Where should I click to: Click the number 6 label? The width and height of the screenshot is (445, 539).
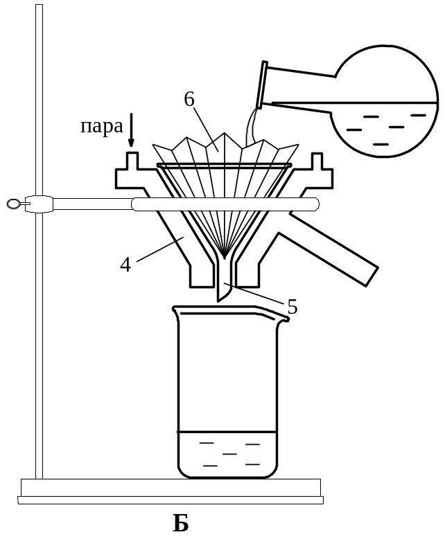click(x=189, y=99)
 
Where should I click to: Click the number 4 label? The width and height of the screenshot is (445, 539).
click(x=125, y=265)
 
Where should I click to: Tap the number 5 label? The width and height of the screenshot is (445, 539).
click(x=292, y=307)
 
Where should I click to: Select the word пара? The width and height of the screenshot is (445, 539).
click(x=101, y=126)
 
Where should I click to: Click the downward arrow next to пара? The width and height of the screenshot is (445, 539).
click(x=131, y=130)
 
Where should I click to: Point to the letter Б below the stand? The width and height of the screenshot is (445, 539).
click(x=180, y=523)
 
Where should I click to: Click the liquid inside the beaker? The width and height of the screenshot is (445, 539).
click(x=227, y=454)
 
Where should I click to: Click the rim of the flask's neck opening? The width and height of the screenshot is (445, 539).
click(x=262, y=85)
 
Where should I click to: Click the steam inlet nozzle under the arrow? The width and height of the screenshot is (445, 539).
click(x=132, y=161)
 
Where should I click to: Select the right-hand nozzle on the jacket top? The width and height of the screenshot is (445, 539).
click(x=317, y=161)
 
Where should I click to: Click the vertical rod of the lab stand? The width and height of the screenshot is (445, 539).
click(x=40, y=240)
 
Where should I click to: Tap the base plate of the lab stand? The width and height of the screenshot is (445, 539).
click(x=171, y=492)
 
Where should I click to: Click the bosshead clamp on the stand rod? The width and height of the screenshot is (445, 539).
click(x=39, y=204)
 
